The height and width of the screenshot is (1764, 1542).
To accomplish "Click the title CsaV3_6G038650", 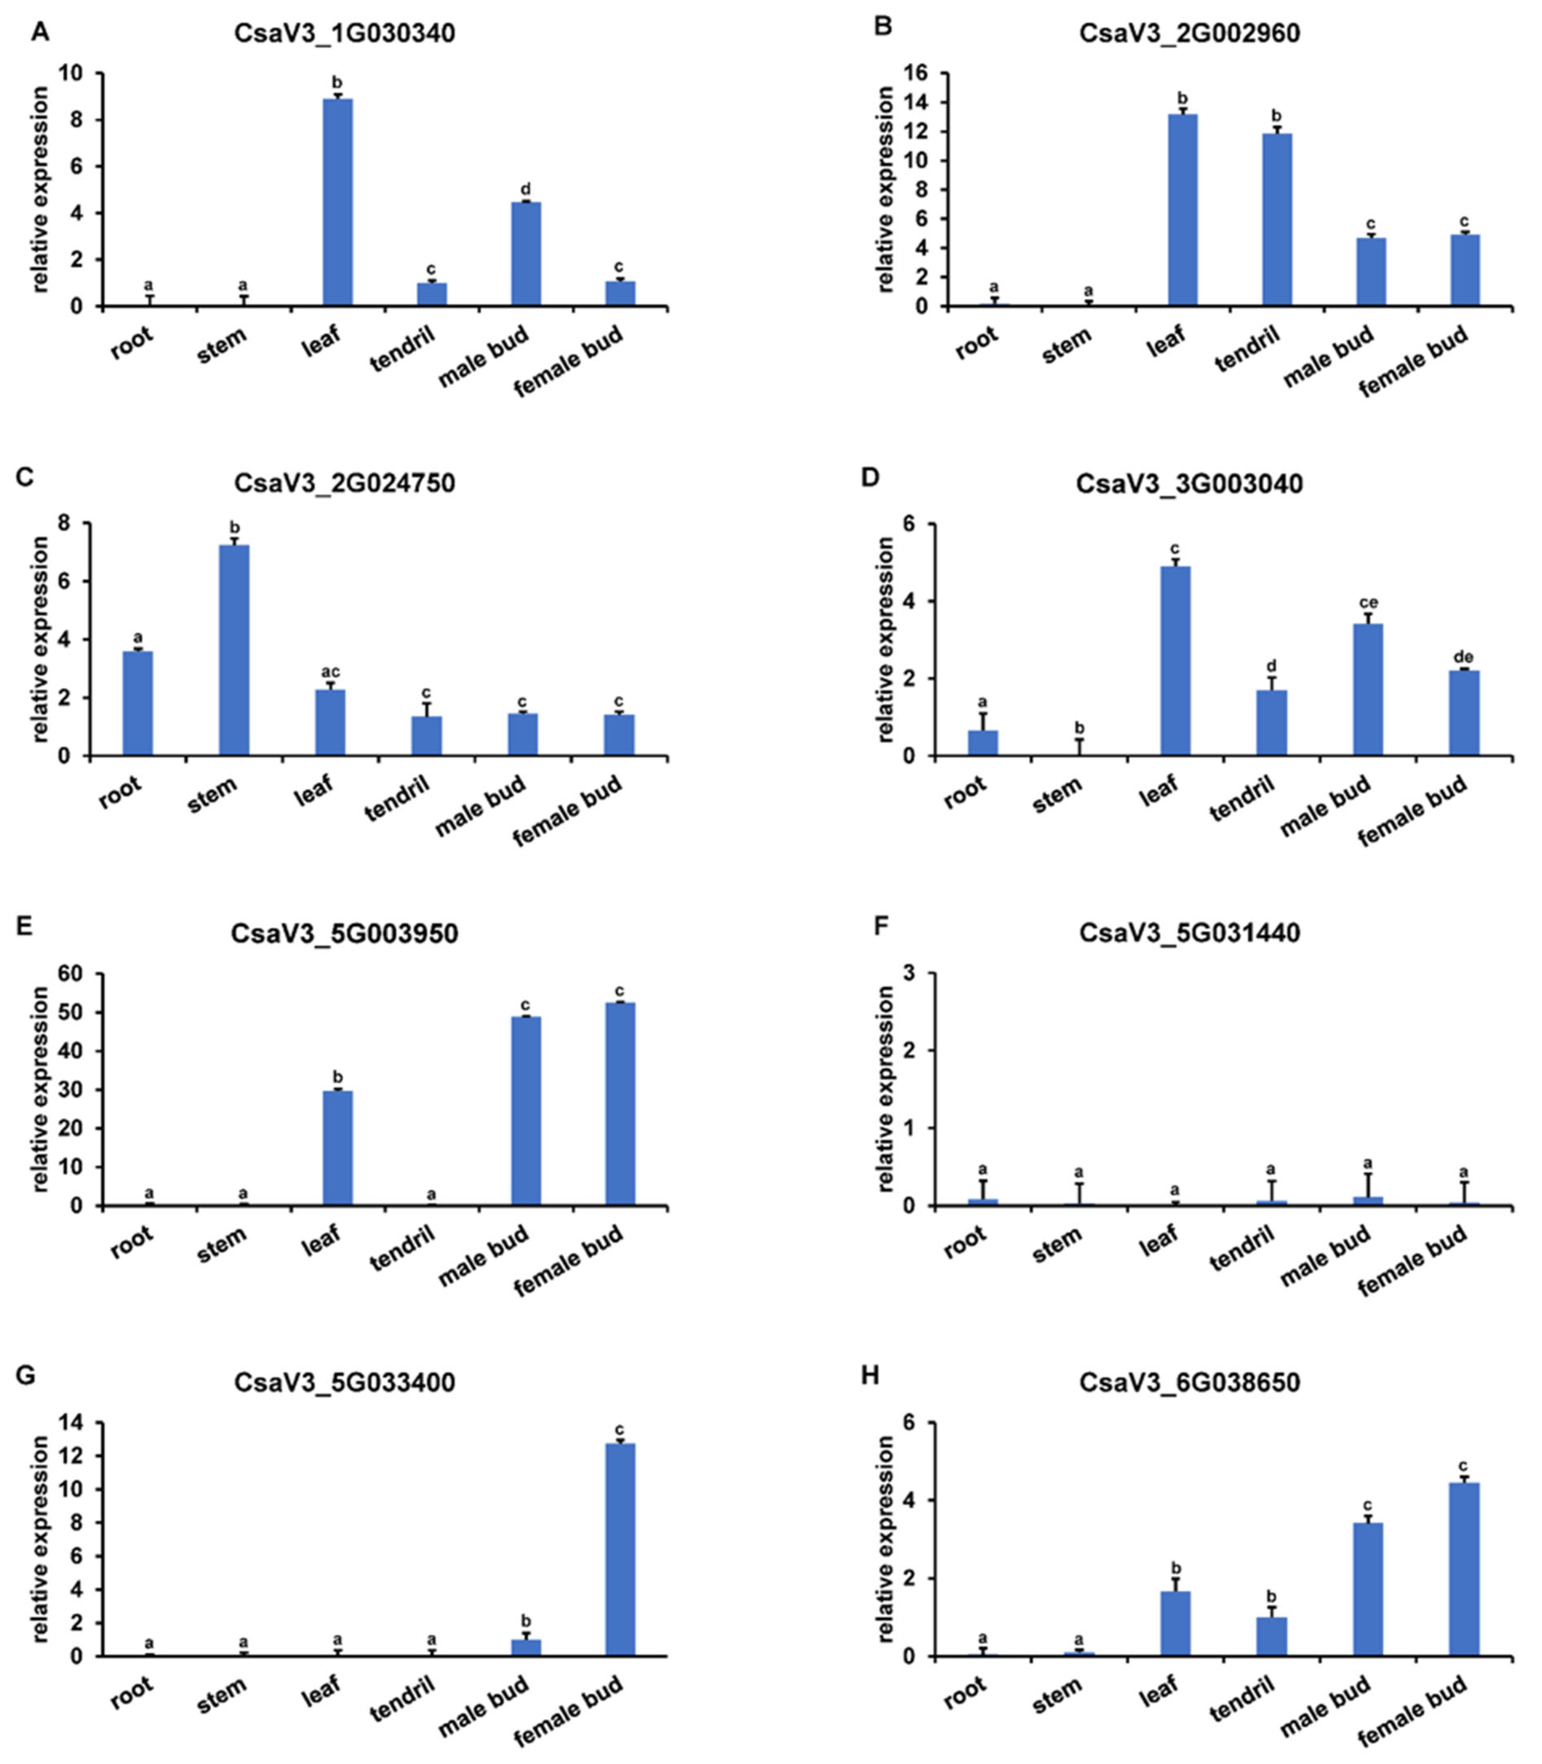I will pyautogui.click(x=1189, y=1382).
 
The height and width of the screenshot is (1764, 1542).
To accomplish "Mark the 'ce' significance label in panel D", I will pyautogui.click(x=1367, y=602).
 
